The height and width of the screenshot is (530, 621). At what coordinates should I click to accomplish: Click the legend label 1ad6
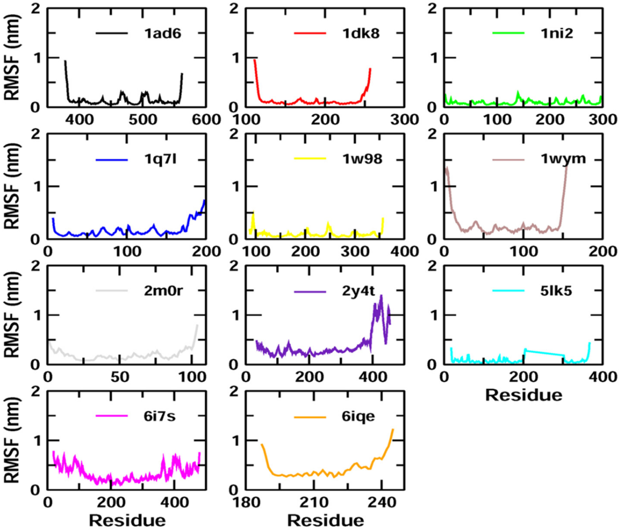click(x=163, y=34)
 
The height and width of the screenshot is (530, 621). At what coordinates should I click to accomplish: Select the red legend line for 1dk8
click(x=310, y=33)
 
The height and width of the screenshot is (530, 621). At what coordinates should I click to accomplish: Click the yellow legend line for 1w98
click(x=310, y=158)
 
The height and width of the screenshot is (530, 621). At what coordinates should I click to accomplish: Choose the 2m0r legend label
click(x=163, y=291)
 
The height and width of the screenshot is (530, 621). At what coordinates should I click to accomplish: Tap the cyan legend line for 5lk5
click(x=508, y=290)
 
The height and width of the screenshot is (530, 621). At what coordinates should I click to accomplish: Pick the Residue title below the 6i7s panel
click(x=127, y=521)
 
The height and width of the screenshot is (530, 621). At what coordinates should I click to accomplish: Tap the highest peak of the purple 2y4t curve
click(x=381, y=296)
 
